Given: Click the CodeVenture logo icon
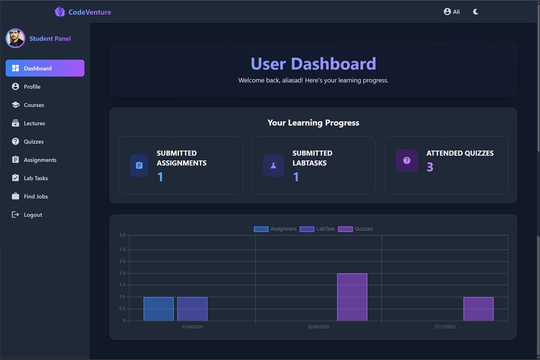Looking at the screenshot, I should tap(59, 11).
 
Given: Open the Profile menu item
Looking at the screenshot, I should tap(32, 86).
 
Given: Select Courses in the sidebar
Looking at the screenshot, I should tap(33, 105).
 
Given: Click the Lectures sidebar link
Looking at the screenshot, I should tap(34, 123).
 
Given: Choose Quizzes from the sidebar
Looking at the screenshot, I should tap(33, 141).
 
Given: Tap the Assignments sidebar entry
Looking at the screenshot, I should tap(39, 160).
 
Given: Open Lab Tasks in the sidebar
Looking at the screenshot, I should tap(35, 178).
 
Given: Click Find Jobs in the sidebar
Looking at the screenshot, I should tap(35, 196).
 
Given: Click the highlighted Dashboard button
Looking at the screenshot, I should tap(44, 68).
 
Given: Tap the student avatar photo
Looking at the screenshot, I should tap(15, 38).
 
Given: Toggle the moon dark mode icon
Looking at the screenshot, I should tap(475, 11).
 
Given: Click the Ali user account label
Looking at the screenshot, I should tap(451, 11).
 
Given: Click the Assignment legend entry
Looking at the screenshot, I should tap(275, 229).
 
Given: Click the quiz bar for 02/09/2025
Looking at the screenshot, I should tap(352, 297).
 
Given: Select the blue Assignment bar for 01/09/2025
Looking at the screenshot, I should tap(158, 309).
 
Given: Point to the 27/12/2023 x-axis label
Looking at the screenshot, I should tap(444, 327).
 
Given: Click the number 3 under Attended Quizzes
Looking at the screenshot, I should tap(430, 167).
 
